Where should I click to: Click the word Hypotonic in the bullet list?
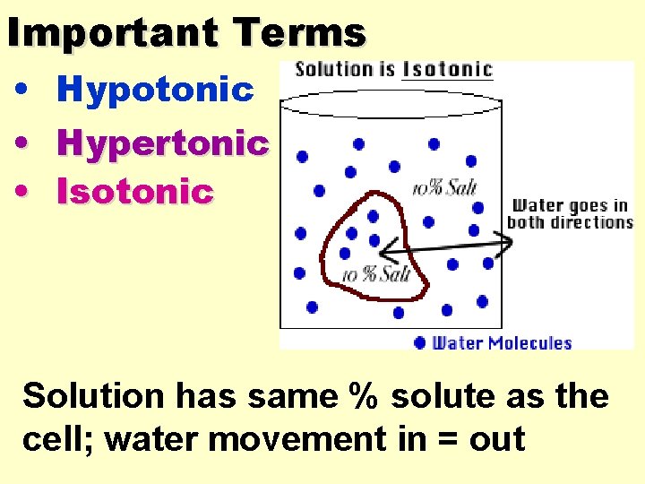[x=155, y=90]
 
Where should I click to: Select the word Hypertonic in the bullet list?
[x=162, y=142]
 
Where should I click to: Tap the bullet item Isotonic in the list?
[x=134, y=191]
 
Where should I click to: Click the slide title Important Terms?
[x=186, y=33]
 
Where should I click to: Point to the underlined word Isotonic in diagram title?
[x=447, y=69]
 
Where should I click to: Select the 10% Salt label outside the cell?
[x=444, y=187]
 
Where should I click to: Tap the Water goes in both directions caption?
[x=570, y=214]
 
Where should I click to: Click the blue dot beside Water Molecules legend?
[x=420, y=341]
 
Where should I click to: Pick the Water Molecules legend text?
[x=502, y=342]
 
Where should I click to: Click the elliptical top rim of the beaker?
[x=391, y=102]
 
